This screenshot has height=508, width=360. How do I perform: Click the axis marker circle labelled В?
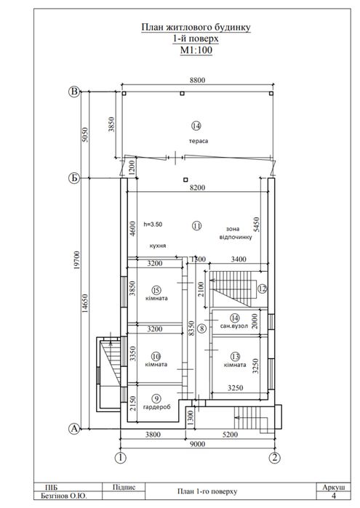[74, 92]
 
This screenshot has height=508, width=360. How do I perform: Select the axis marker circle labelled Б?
[74, 178]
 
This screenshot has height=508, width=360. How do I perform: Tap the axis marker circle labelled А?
[74, 429]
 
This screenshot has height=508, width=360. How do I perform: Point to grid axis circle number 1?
[121, 458]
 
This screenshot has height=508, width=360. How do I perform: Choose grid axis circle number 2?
[275, 458]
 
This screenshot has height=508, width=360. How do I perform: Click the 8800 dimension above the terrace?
[197, 80]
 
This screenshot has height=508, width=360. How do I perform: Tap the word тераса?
[199, 141]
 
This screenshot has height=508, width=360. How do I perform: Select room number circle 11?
[197, 225]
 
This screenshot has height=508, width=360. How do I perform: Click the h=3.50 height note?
[153, 224]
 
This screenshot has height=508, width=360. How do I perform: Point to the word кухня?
[158, 246]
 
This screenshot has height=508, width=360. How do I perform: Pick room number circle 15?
[156, 290]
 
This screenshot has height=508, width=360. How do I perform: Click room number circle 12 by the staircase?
[262, 289]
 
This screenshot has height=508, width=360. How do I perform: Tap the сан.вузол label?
[234, 326]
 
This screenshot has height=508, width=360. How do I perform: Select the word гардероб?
[156, 407]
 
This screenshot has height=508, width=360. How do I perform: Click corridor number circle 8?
[201, 328]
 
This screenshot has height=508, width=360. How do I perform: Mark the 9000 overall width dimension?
[197, 444]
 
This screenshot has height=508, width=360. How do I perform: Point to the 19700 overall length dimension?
[76, 260]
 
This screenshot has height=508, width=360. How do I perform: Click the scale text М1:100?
[196, 50]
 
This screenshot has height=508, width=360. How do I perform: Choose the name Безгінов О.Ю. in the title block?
[64, 496]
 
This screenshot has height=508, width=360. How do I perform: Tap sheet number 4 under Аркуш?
[334, 496]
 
